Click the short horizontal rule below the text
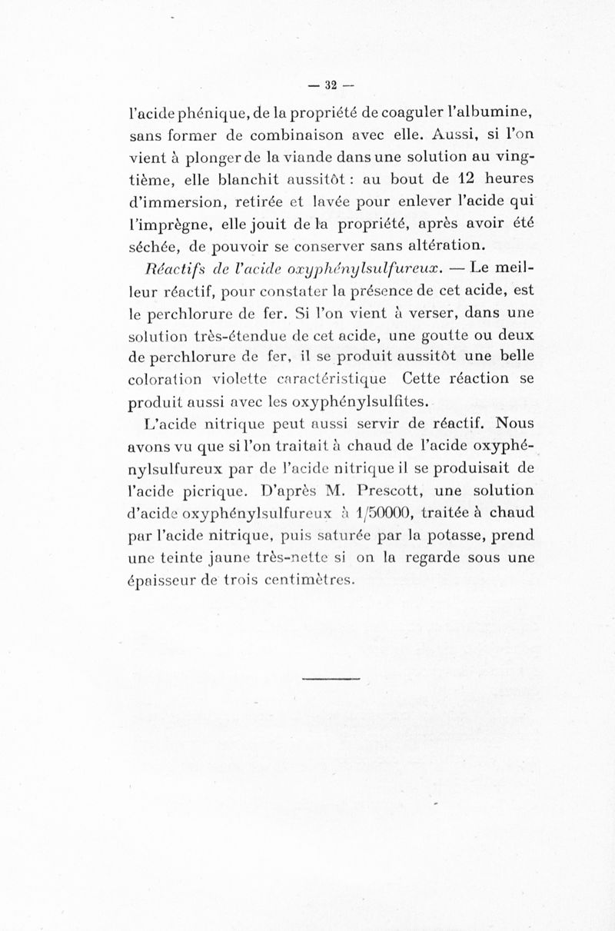coord(331,679)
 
